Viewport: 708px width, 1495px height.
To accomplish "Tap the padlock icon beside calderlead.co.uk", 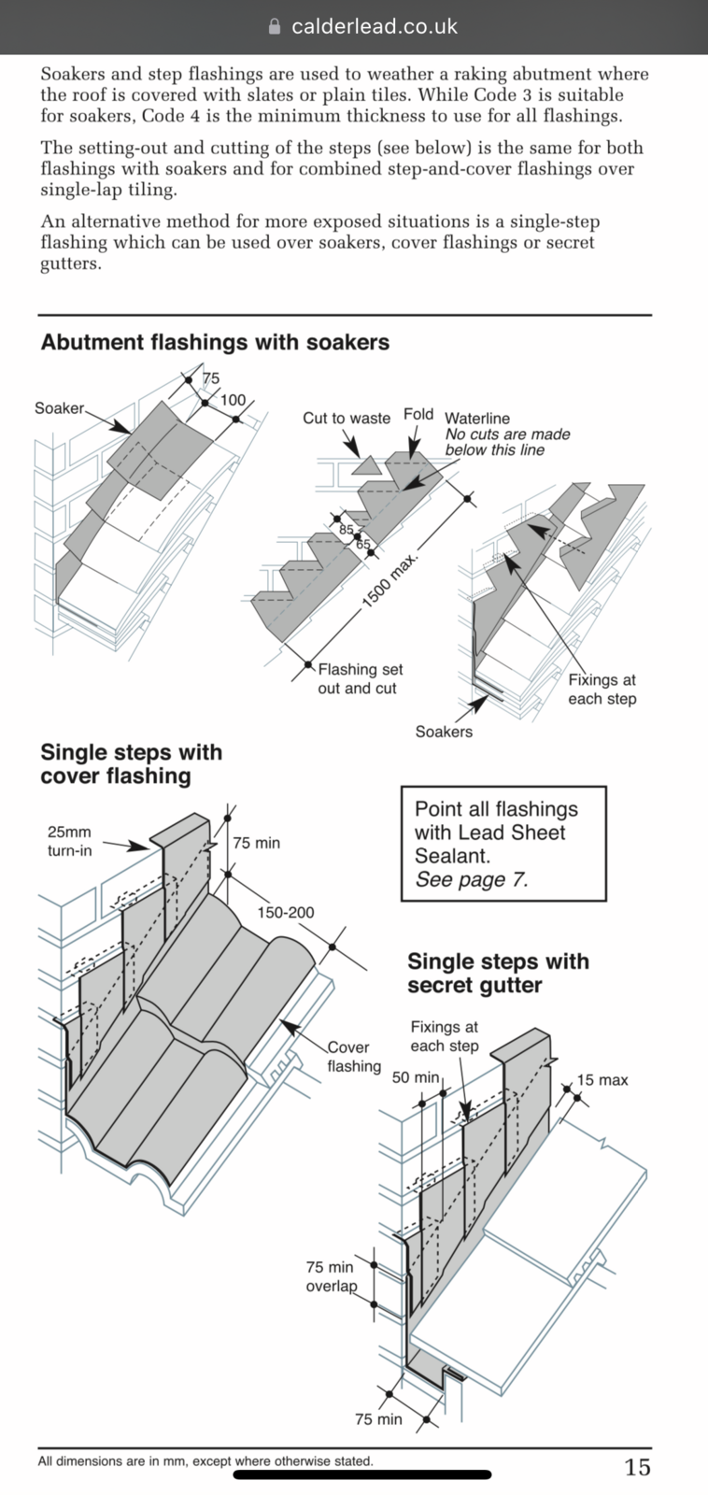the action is (x=274, y=26).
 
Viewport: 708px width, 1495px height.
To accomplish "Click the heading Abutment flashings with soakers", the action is (x=215, y=342).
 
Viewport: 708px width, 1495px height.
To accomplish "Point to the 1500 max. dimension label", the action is (x=390, y=580).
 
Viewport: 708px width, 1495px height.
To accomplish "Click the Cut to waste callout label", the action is (x=347, y=418).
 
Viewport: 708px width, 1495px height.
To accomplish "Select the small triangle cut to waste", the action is (x=366, y=465).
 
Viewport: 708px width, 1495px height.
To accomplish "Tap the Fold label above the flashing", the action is (x=418, y=414).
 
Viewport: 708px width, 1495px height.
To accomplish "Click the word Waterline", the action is (x=477, y=419).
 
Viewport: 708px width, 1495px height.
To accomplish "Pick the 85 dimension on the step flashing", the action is (x=347, y=530).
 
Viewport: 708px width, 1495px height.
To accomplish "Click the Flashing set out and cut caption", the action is (x=361, y=678).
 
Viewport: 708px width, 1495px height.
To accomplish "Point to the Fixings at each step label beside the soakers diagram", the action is (x=602, y=690).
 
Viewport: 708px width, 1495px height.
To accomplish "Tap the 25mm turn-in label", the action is (x=69, y=841).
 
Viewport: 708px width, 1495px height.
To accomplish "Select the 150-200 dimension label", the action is (x=286, y=912).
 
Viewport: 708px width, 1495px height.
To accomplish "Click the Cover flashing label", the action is (x=354, y=1057).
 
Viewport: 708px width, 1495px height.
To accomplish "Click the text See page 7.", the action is (x=472, y=879).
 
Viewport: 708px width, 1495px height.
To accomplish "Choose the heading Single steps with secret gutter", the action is (x=499, y=973).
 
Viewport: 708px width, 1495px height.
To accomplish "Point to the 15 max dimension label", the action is (x=602, y=1080).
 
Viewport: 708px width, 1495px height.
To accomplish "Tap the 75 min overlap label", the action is (x=331, y=1276).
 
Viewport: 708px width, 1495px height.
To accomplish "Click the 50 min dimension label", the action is (x=416, y=1077).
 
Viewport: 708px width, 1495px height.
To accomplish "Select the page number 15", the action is (x=637, y=1466).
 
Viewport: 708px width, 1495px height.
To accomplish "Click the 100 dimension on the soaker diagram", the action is (x=233, y=400).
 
